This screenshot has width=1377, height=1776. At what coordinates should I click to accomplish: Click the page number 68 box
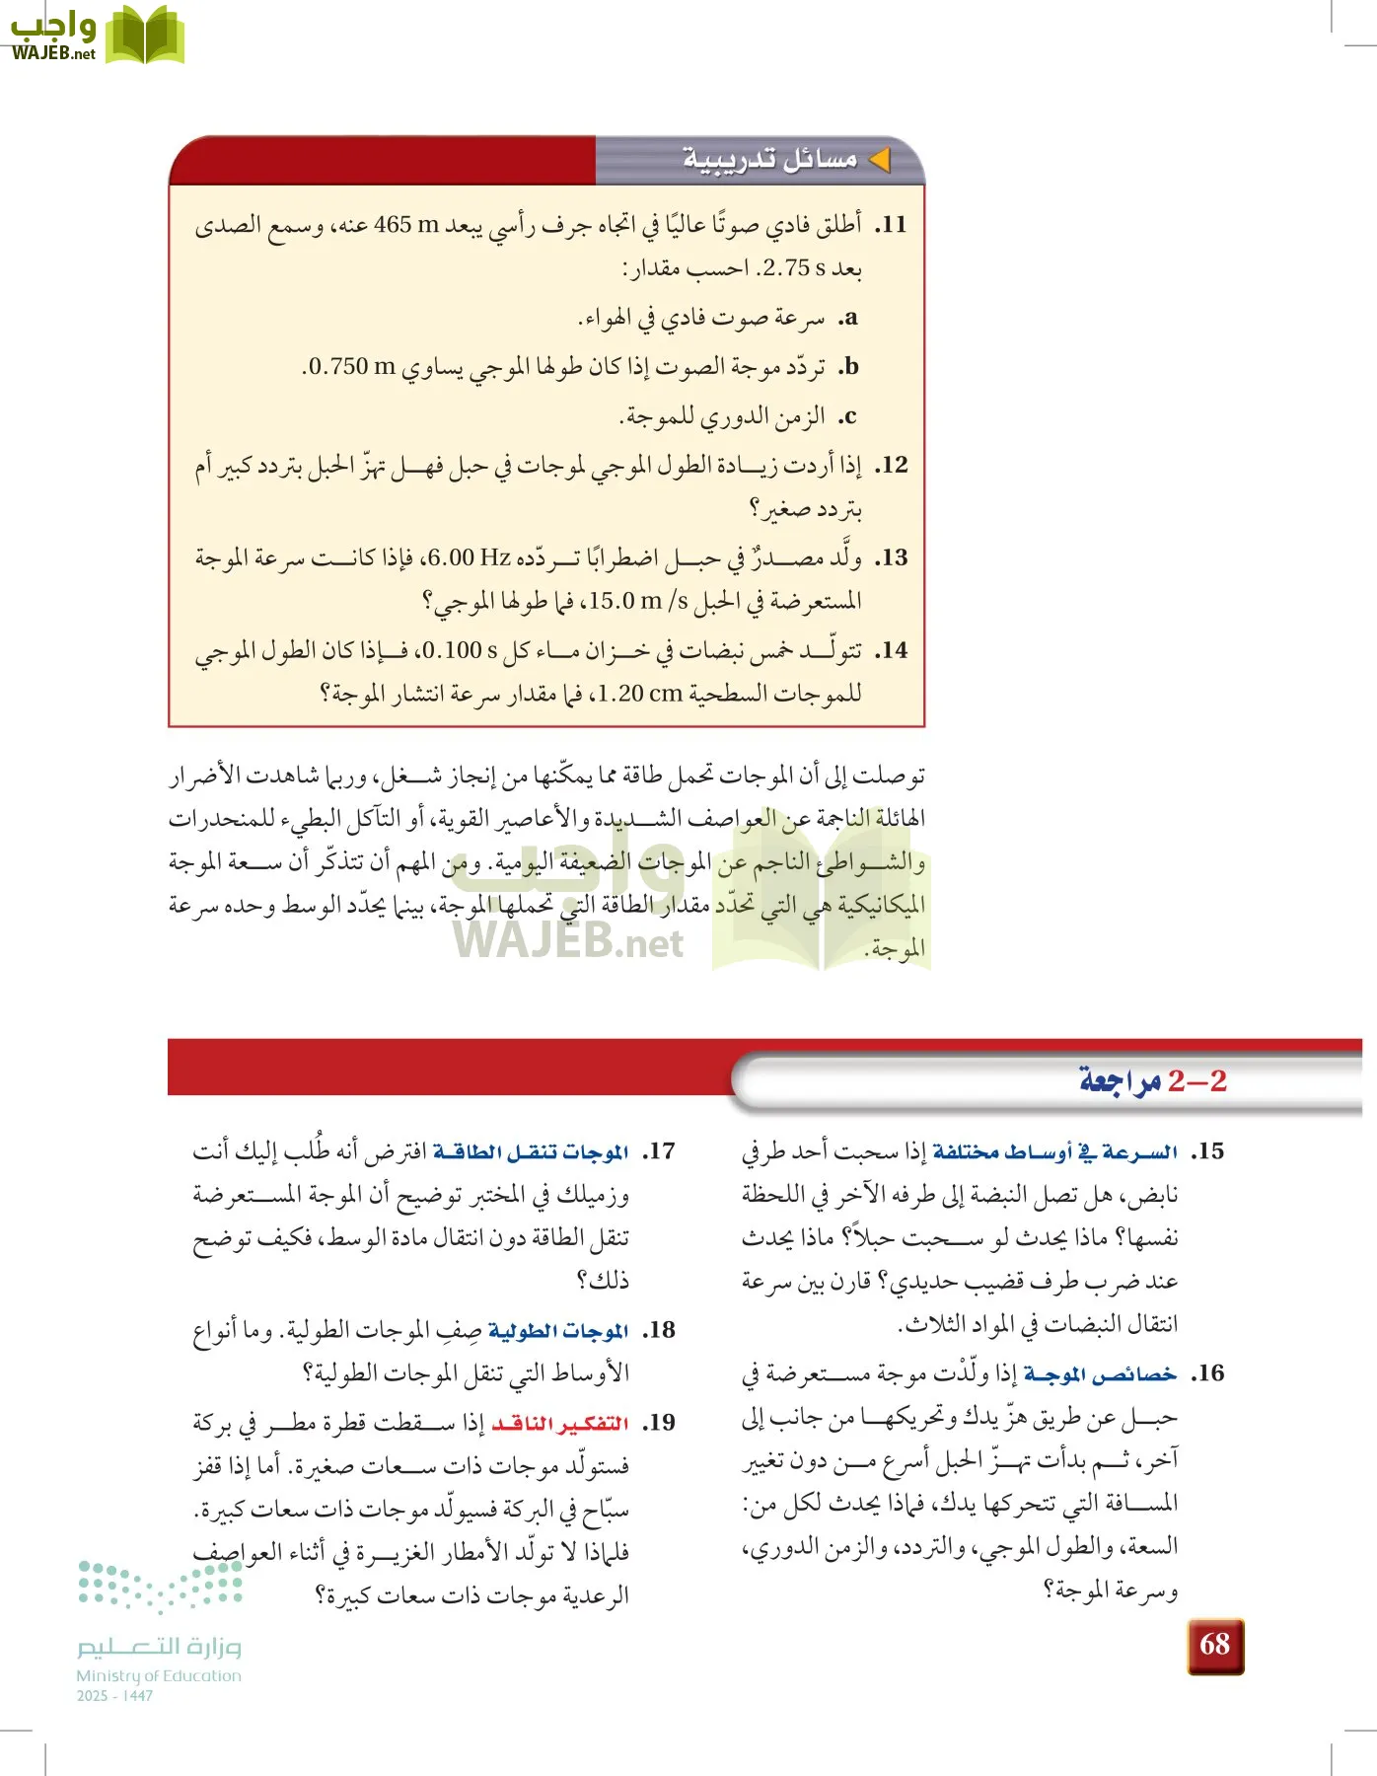(1215, 1646)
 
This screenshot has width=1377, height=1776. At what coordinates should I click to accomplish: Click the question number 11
(892, 225)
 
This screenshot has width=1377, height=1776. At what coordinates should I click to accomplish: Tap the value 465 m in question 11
(406, 225)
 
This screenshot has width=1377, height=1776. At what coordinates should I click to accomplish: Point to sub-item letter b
(849, 367)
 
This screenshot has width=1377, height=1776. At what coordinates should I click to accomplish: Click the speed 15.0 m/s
(639, 600)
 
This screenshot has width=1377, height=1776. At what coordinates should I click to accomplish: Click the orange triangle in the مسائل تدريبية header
(879, 159)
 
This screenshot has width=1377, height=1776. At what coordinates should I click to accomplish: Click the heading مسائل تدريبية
(770, 159)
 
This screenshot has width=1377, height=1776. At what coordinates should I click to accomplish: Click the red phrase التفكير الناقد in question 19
(560, 1424)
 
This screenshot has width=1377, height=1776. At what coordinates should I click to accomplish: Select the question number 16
(1208, 1373)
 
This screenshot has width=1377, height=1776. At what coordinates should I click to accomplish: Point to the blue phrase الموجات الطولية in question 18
(558, 1331)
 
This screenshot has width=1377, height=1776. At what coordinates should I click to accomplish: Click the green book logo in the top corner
(145, 36)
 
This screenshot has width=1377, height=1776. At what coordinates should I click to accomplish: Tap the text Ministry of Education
(159, 1675)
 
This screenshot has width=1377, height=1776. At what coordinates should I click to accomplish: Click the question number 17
(659, 1151)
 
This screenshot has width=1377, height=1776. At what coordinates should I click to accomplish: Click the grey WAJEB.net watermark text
(569, 942)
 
